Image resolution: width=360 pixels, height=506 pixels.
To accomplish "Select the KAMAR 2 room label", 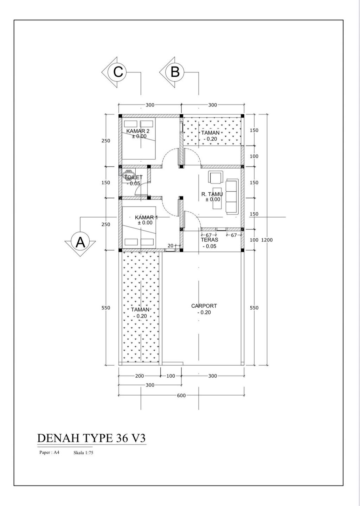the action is pos(138,131).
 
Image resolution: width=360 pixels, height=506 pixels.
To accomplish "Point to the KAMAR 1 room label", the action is pos(146,217).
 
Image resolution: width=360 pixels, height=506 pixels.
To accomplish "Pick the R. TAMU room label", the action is pos(212,194).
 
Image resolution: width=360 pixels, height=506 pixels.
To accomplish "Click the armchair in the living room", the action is pos(216,177).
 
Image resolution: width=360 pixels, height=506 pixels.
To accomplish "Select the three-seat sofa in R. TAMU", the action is pos(232,196).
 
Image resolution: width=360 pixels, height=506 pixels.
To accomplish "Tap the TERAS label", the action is pos(210,240).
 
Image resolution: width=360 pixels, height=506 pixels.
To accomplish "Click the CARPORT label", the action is pos(204,306).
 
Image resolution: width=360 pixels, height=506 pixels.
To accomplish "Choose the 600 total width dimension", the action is pos(181,395).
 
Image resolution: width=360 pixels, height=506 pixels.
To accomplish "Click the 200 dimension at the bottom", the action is pos(140,376).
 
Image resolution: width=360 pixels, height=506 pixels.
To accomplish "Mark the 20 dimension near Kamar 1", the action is pos(171,245).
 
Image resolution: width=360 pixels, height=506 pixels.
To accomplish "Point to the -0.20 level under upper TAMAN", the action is pos(210,139).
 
